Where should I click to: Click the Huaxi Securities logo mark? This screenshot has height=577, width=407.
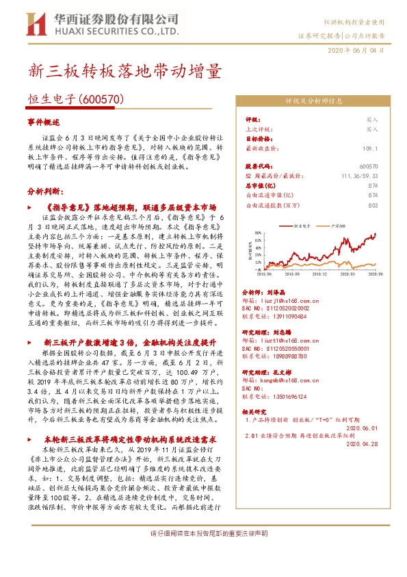point(34,25)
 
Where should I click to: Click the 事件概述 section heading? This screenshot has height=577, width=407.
point(44,121)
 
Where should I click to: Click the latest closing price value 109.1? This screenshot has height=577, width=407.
point(370,148)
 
